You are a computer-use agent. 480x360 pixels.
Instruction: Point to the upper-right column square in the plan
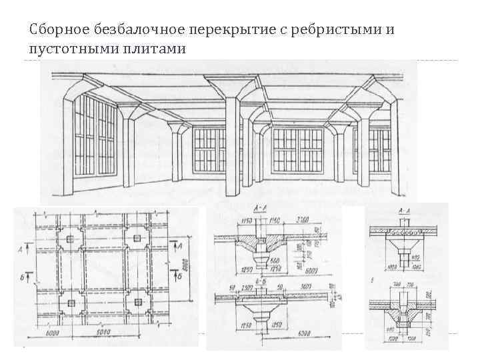tap(138, 239)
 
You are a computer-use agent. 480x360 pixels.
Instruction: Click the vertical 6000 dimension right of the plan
tap(194, 271)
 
